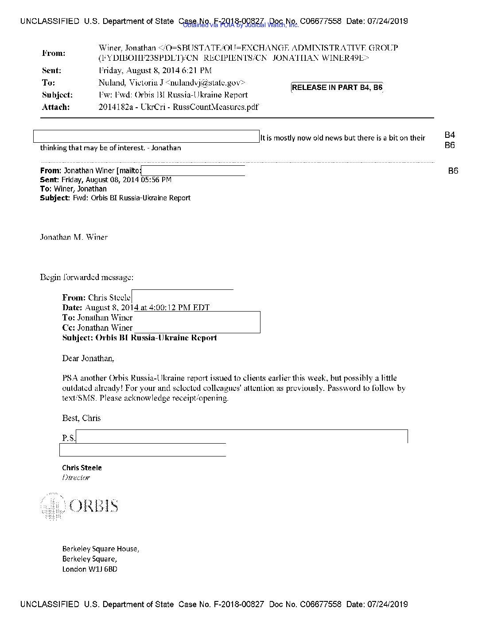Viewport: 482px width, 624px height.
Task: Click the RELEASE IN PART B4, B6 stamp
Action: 337,87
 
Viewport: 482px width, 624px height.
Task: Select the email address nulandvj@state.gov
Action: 205,82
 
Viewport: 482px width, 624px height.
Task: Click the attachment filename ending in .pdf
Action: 178,107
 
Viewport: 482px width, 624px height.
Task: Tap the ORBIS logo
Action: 79,506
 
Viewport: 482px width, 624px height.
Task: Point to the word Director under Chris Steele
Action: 76,477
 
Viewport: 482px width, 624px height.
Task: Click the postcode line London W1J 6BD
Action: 89,569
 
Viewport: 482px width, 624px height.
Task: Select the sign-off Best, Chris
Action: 82,418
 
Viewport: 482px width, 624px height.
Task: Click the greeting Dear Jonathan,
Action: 88,358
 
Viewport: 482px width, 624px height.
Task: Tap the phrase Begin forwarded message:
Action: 87,277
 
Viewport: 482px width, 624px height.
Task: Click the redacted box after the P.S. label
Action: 241,437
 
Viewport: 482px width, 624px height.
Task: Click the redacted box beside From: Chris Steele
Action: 182,296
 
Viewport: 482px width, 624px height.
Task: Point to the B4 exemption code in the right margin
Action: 450,135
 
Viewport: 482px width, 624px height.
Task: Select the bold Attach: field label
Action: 56,107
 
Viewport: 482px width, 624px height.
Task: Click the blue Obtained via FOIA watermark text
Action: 241,25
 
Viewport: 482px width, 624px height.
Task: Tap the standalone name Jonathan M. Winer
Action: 74,237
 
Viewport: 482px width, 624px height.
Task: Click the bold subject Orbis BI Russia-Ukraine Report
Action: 156,338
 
